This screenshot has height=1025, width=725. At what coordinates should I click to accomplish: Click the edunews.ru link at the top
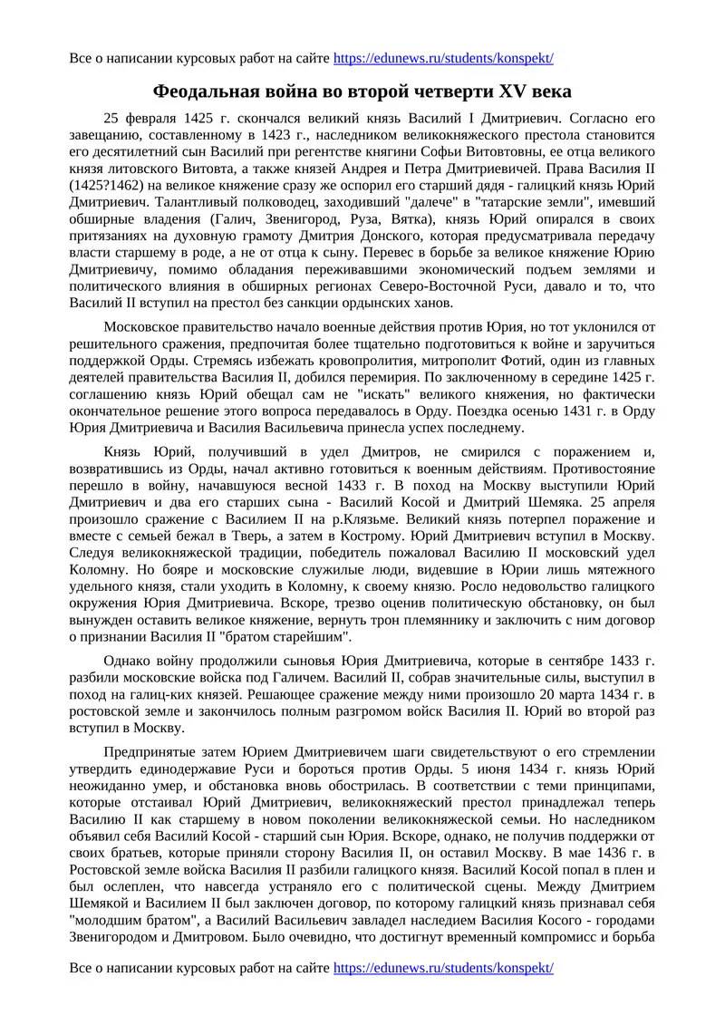coord(443,59)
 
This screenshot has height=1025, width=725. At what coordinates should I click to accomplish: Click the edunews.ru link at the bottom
coord(443,969)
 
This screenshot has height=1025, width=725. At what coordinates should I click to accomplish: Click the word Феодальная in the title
coord(203,92)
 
